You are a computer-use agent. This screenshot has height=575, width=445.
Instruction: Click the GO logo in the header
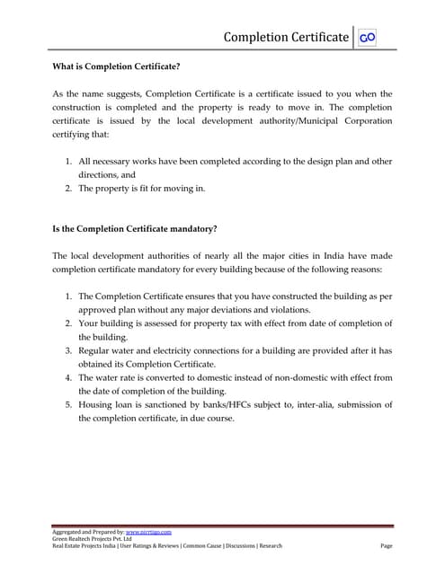pos(367,38)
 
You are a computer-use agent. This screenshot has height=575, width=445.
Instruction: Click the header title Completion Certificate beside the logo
pos(286,37)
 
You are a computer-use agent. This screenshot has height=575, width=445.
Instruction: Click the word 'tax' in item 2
pos(231,323)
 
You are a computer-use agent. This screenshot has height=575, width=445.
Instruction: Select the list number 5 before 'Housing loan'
pos(68,404)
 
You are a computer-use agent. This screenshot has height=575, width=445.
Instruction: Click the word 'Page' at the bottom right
pos(387,546)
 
